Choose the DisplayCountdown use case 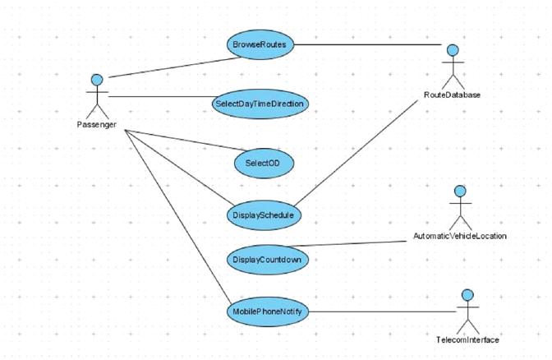(264, 259)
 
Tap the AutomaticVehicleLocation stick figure (460, 207)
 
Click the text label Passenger (96, 125)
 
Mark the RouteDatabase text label (452, 95)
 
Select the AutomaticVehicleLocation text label (459, 236)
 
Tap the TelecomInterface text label (467, 339)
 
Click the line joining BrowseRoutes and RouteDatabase (370, 45)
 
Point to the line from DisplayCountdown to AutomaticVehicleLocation (361, 243)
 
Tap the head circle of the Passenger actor (98, 80)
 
